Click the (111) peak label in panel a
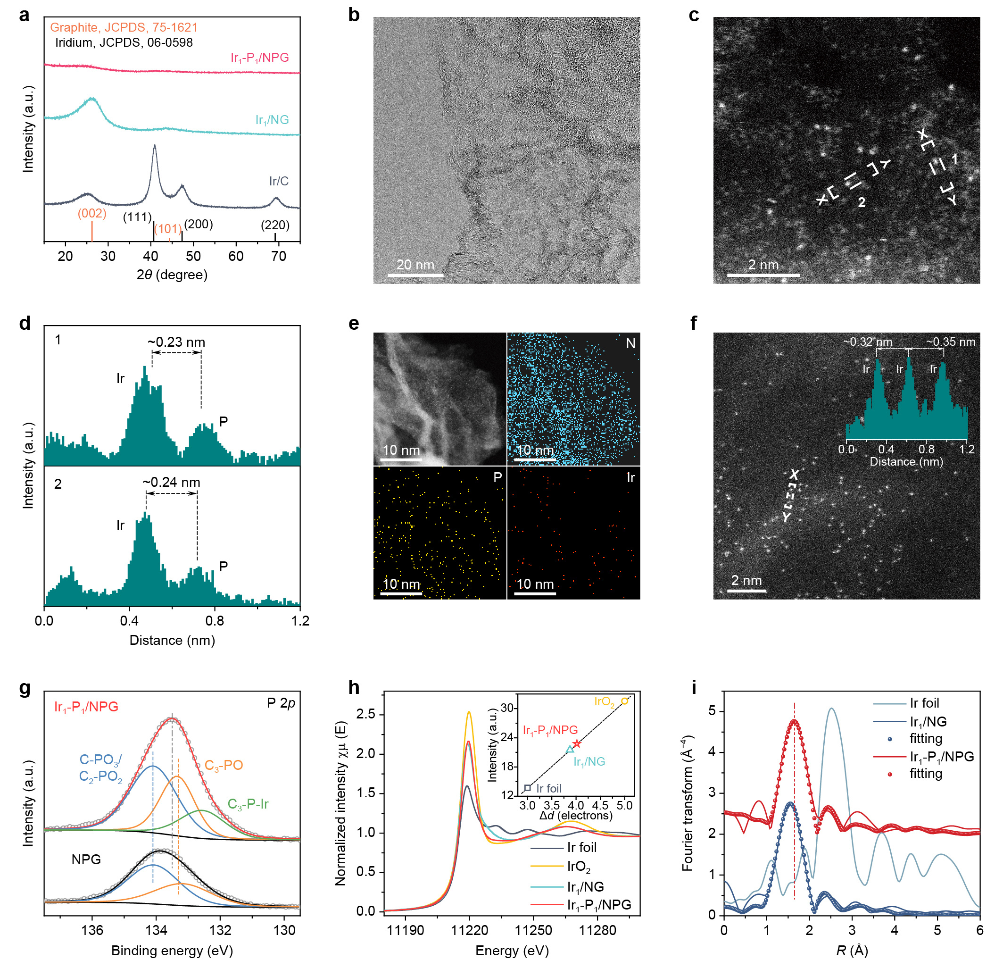click(137, 217)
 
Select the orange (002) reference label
click(92, 214)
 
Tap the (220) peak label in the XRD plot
click(275, 225)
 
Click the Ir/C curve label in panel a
click(279, 181)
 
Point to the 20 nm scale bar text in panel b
click(415, 265)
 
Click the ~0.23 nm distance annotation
click(176, 342)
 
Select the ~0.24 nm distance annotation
click(172, 482)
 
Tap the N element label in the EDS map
click(630, 343)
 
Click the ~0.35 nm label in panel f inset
click(950, 342)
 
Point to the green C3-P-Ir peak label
click(248, 804)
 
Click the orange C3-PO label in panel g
click(224, 765)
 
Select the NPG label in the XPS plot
click(86, 860)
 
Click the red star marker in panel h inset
click(577, 744)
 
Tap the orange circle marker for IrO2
click(624, 701)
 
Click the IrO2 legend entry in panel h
click(578, 867)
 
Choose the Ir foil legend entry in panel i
click(924, 703)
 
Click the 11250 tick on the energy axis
click(533, 930)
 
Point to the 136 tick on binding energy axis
click(92, 930)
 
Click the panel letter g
click(24, 687)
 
